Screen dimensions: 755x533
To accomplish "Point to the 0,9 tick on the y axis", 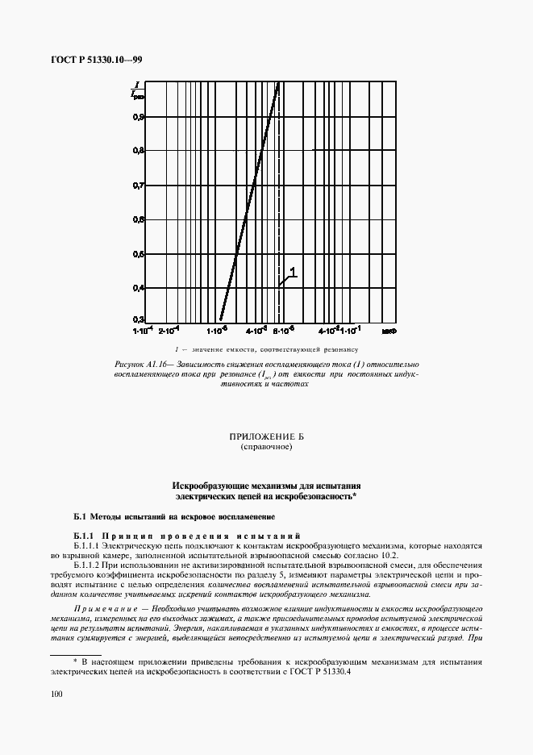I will [x=139, y=116].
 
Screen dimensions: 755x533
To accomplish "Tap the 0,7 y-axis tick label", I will [x=139, y=185].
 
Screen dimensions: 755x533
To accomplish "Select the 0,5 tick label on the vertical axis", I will [x=139, y=254].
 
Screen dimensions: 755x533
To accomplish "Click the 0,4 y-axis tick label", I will [x=139, y=288].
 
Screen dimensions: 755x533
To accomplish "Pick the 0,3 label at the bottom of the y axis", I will [x=139, y=319].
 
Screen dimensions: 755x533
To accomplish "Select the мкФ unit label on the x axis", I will [x=389, y=330].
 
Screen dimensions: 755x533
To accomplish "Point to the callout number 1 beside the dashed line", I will [x=294, y=273].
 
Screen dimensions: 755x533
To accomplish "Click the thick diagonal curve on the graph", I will [x=250, y=202].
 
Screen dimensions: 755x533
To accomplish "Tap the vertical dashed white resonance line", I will [x=279, y=242].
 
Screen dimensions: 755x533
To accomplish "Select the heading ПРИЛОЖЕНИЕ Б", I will [x=266, y=436].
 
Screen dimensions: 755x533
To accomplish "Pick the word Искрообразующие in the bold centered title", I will [x=209, y=486].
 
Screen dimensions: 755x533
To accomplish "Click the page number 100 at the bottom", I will [x=56, y=693].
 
